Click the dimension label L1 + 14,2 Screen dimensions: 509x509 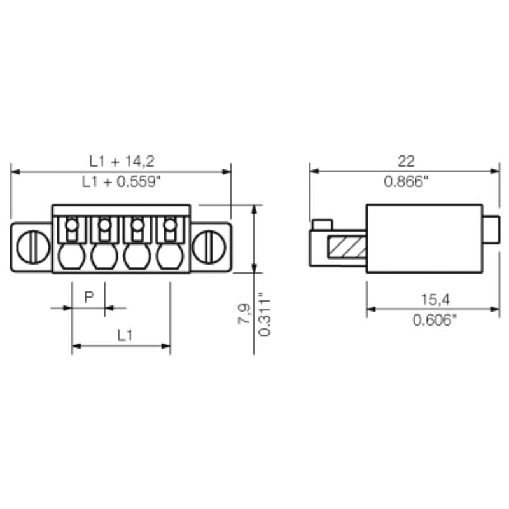coord(120,160)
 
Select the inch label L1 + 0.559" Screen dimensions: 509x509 coord(120,181)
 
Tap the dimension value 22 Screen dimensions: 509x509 coord(405,160)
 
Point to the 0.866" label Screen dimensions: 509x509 coord(405,181)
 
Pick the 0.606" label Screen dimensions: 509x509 coord(433,319)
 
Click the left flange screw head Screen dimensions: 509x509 coord(32,247)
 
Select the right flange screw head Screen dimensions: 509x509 coord(209,247)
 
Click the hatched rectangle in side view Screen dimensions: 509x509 coord(347,247)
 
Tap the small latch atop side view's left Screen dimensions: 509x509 coord(323,224)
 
